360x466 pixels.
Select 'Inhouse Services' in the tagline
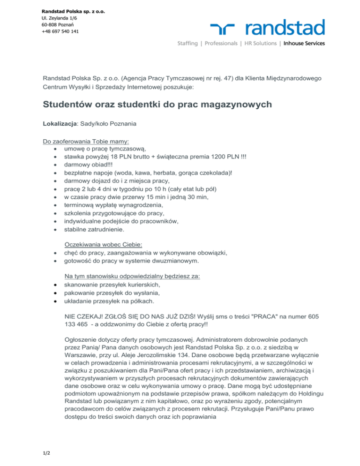[304, 44]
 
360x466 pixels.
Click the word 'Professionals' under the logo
[220, 44]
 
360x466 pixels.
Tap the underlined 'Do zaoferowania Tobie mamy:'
[86, 141]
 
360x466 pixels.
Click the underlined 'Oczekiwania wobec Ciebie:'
[103, 245]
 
